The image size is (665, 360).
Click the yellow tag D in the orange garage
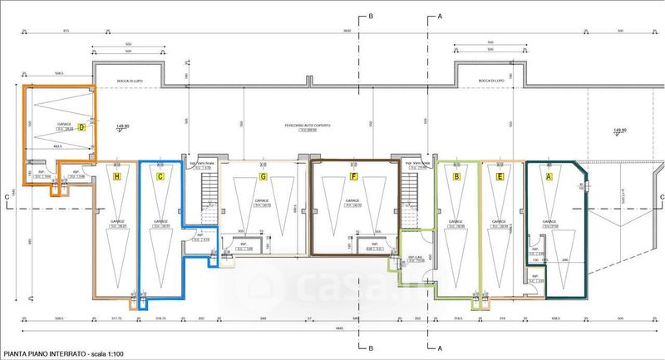82,127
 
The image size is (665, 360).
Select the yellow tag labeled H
116,176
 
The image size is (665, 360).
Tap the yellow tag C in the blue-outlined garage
160,176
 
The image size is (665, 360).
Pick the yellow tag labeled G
264,176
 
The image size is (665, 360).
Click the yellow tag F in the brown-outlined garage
354,176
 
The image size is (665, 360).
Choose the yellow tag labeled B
456,176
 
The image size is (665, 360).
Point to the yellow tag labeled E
500,176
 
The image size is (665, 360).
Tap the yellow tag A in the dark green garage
549,176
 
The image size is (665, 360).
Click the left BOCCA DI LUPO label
109,81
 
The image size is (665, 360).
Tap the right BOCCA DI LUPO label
490,81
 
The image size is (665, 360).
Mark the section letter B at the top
371,16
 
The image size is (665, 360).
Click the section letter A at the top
439,16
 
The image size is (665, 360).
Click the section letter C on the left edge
7,197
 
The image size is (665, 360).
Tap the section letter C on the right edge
658,197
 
